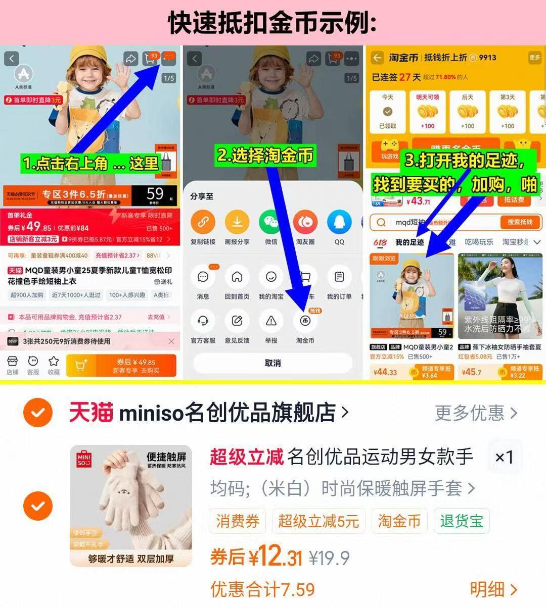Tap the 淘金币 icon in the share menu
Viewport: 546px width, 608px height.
(305, 321)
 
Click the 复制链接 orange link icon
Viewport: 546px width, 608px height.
(203, 222)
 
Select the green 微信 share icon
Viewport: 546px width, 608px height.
(271, 222)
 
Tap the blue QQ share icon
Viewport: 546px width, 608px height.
(339, 222)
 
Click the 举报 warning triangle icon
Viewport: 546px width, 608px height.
(271, 321)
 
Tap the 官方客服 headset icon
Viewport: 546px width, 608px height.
(203, 321)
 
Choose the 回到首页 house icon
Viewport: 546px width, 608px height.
(237, 277)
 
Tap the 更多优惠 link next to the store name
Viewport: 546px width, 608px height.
(476, 413)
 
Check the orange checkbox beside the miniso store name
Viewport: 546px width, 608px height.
(38, 413)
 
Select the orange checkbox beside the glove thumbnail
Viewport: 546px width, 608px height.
(38, 505)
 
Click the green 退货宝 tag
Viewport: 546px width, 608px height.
(462, 521)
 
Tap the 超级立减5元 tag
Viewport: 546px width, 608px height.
(318, 521)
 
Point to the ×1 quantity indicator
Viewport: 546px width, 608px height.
(504, 457)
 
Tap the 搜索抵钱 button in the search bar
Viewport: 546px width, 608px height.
(520, 222)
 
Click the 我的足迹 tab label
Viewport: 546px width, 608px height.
(409, 242)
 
